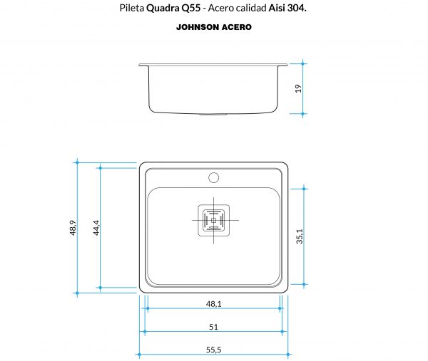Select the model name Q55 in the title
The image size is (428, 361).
(x=191, y=10)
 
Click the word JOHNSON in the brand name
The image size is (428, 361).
(x=198, y=28)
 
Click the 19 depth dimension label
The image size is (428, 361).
(x=298, y=88)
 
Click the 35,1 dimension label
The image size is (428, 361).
(x=300, y=236)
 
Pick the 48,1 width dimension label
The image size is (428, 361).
(x=213, y=303)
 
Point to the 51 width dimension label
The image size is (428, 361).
(x=213, y=327)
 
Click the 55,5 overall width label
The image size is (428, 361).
(x=213, y=350)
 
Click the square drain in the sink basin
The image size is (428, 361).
(x=213, y=221)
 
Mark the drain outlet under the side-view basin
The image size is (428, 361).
(x=213, y=113)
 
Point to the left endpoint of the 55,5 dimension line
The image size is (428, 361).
(x=138, y=355)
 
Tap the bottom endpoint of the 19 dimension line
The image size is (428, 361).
(x=304, y=113)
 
